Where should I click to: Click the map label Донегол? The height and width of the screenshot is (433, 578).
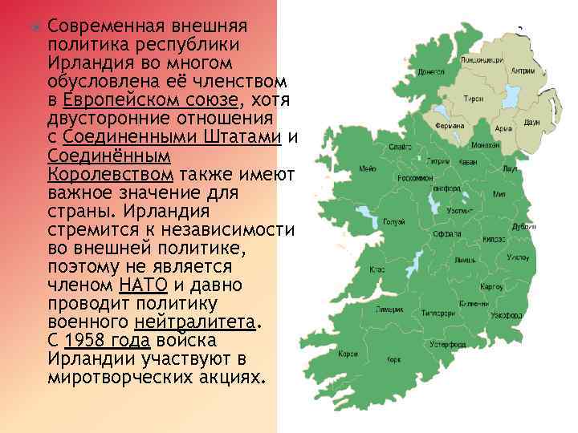[431, 71]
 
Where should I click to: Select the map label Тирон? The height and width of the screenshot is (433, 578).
[474, 99]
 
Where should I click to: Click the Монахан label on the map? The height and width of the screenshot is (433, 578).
[486, 144]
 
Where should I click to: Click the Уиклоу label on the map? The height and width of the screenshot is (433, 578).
[517, 257]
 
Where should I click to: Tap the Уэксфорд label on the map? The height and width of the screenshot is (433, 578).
[506, 316]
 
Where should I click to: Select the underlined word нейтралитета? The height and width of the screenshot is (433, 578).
[197, 322]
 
